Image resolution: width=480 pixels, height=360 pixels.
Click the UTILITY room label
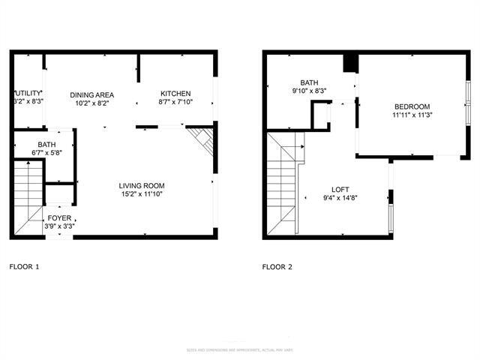pos(28,92)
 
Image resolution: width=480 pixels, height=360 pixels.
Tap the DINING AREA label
pos(91,94)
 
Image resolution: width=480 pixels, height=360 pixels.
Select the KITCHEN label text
pos(175,94)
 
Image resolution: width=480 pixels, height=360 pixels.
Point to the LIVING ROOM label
pos(142,185)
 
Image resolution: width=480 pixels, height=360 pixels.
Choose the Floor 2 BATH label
pos(309,83)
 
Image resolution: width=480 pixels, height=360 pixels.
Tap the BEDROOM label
pos(412,106)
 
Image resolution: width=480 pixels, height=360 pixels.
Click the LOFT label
pos(341,189)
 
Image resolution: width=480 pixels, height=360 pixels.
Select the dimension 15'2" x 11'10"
pos(142,195)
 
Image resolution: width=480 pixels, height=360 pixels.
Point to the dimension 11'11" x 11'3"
pos(412,115)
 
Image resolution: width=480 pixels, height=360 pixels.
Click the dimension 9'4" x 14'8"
pos(341,198)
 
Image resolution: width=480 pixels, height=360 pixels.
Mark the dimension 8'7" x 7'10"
pos(175,103)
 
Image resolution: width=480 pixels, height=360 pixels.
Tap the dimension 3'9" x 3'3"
pos(58,226)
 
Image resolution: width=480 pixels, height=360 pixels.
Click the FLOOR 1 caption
pos(24,266)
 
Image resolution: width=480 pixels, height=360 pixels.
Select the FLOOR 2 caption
pos(277,266)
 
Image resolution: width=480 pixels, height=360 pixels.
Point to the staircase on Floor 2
pos(283,184)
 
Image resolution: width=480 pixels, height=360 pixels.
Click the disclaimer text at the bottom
pos(239,350)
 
